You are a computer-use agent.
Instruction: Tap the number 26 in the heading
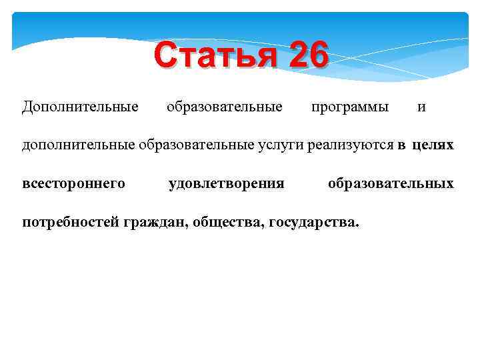pyautogui.click(x=308, y=56)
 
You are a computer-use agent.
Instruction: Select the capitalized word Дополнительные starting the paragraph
pyautogui.click(x=80, y=107)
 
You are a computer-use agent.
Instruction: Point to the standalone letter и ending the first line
pyautogui.click(x=421, y=107)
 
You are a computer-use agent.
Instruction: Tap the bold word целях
pyautogui.click(x=433, y=145)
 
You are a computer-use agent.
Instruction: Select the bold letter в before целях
pyautogui.click(x=402, y=145)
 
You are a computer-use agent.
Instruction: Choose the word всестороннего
pyautogui.click(x=73, y=183)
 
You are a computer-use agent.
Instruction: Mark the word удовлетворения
pyautogui.click(x=227, y=183)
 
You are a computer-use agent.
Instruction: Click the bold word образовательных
pyautogui.click(x=391, y=183)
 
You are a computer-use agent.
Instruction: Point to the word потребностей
pyautogui.click(x=71, y=222)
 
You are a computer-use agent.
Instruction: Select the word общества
pyautogui.click(x=229, y=222)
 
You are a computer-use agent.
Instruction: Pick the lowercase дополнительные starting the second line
pyautogui.click(x=78, y=145)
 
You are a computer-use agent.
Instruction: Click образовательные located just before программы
pyautogui.click(x=224, y=107)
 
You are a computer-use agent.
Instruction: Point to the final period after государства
pyautogui.click(x=357, y=225)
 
